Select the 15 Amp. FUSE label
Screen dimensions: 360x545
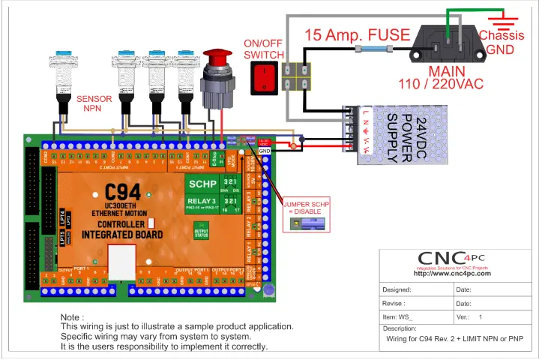tap(357, 34)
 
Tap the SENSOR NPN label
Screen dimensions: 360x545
tap(93, 103)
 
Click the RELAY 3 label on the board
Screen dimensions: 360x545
tap(202, 202)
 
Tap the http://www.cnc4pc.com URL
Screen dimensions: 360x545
tap(452, 274)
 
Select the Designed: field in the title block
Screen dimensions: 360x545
tap(397, 289)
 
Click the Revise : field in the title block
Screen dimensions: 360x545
tap(394, 304)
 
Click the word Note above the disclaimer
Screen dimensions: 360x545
tap(72, 317)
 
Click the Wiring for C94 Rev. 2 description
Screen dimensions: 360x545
tap(454, 340)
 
